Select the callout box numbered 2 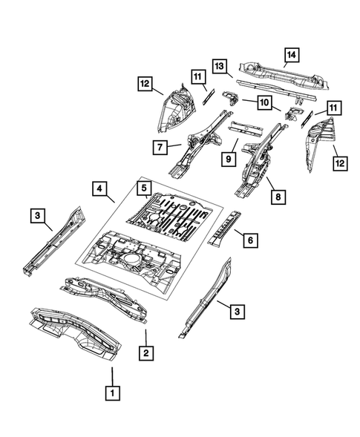(x=148, y=354)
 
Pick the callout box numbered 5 (x=144, y=188)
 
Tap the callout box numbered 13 (x=220, y=68)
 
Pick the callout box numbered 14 (x=290, y=53)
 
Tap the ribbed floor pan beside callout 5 (x=174, y=215)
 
